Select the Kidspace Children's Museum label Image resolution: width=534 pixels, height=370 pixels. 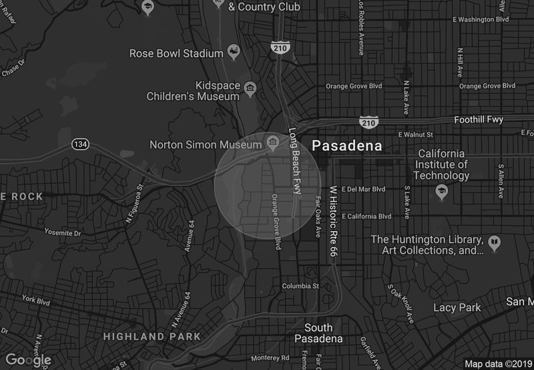coord(217,91)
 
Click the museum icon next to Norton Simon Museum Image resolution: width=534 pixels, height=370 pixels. coord(272,142)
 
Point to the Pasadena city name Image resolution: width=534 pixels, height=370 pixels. coord(347,145)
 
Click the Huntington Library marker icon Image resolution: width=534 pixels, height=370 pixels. coord(495,243)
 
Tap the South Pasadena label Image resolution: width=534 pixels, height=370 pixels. coord(318,333)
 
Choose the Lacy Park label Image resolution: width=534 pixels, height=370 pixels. coord(457,307)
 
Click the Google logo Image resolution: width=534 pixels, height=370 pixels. coord(29,360)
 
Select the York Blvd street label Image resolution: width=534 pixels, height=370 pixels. coord(36,301)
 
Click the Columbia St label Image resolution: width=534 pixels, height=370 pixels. coord(301,286)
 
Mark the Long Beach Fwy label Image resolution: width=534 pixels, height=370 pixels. coord(293,162)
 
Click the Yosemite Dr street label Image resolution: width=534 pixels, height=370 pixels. coord(62,233)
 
